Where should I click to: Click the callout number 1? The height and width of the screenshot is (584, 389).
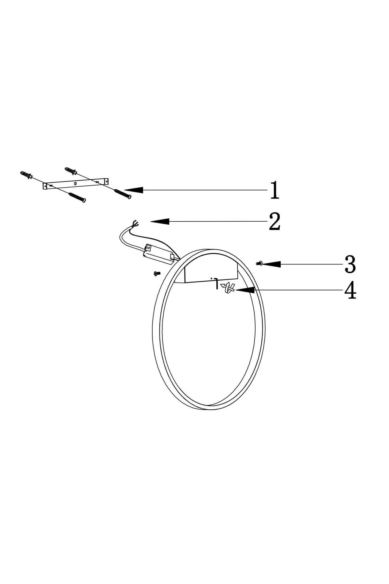coord(275,190)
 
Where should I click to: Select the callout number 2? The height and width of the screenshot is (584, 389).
coord(275,221)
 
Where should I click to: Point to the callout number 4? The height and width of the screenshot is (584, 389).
coord(350,290)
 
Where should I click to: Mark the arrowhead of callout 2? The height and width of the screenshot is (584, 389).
coord(160,221)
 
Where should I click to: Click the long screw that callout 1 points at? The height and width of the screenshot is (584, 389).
coord(123,194)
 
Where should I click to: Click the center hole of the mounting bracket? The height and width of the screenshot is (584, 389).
coord(75,183)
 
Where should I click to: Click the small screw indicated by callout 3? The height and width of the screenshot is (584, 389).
coord(259,263)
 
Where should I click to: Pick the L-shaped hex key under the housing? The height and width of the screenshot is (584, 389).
coord(216,284)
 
